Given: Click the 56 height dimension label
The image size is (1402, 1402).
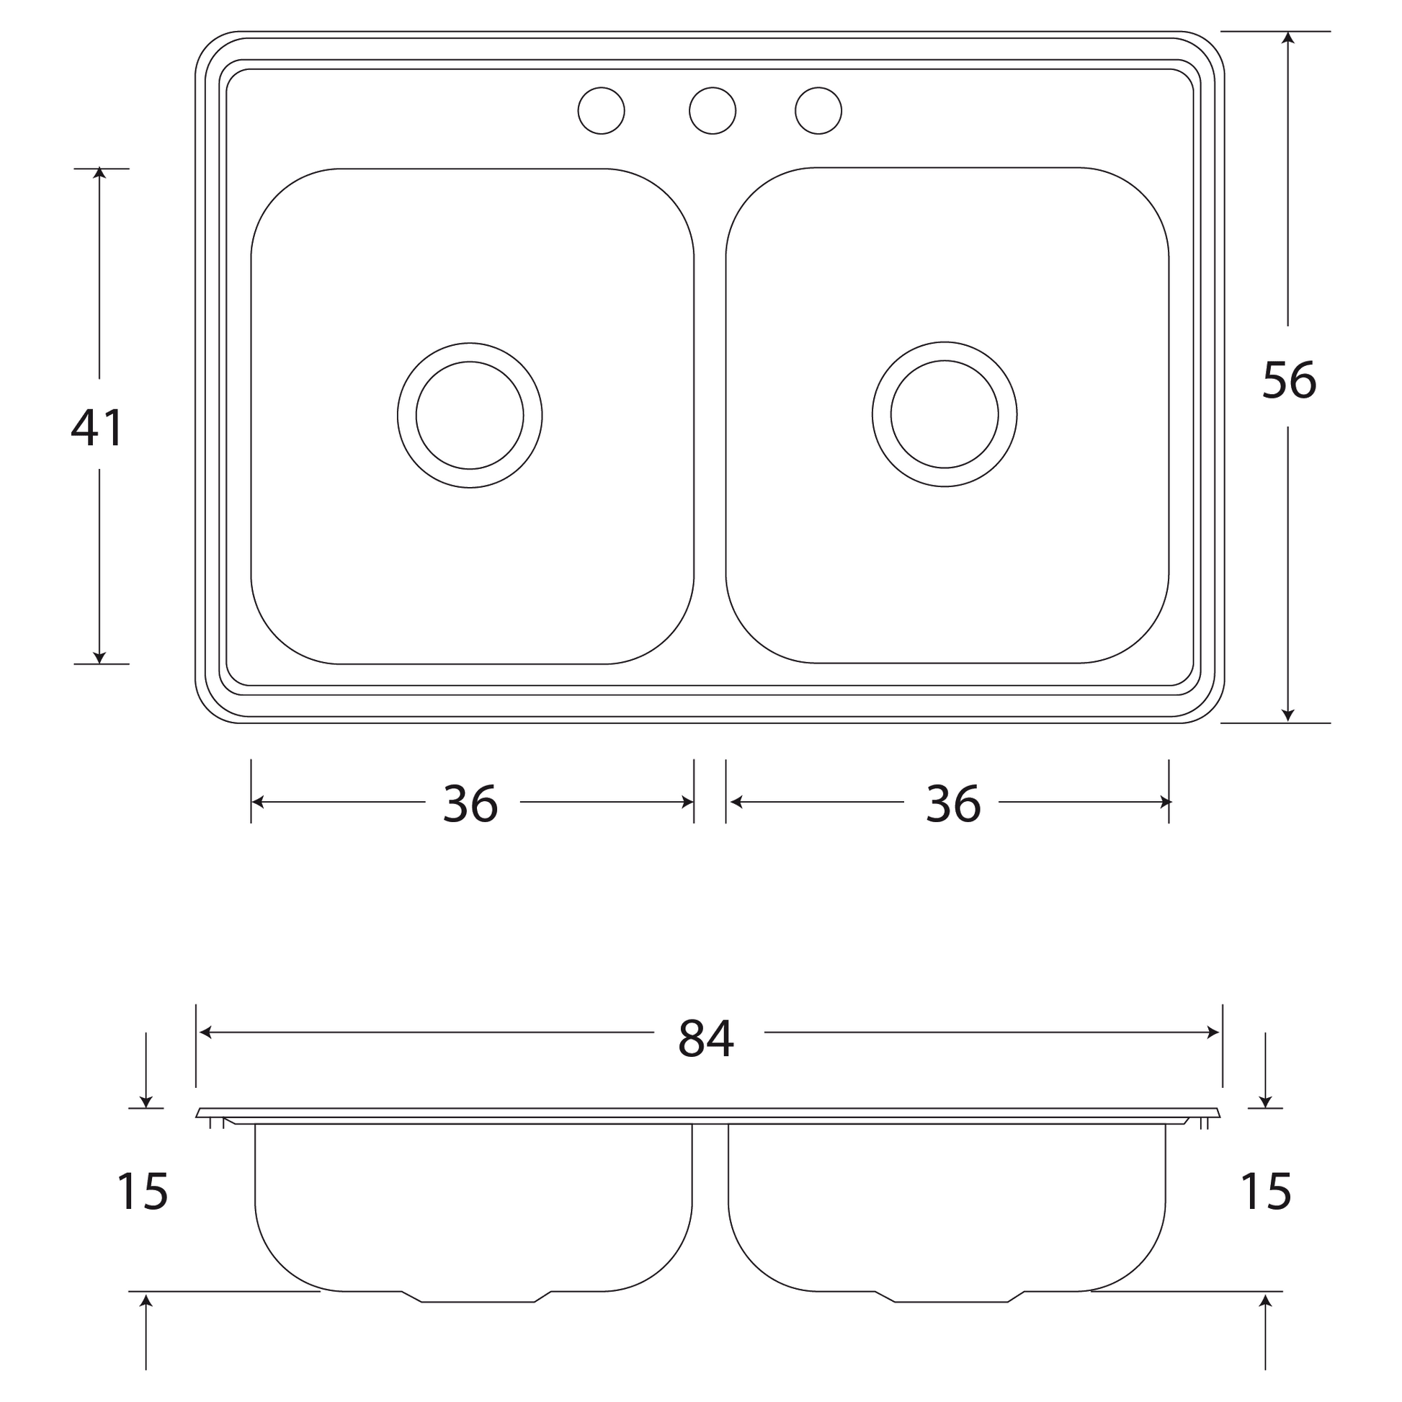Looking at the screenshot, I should click(1289, 380).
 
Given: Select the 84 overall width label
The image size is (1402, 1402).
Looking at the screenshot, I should click(705, 1038).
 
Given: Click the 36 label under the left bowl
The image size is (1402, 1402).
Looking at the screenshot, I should click(470, 804).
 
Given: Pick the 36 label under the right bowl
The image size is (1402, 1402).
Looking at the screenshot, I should click(953, 804).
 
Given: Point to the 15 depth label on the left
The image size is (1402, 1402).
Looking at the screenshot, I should click(142, 1192).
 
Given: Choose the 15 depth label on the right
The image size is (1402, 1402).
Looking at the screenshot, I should click(1266, 1192).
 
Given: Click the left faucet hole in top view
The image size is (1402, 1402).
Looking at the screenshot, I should click(601, 110).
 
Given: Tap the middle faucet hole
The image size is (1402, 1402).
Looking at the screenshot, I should click(712, 110).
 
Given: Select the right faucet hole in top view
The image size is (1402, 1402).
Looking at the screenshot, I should click(818, 110).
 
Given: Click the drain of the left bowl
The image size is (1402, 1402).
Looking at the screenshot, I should click(470, 415).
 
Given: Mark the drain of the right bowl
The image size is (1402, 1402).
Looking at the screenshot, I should click(944, 414).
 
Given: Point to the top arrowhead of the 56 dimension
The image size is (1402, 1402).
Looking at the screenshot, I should click(1288, 37).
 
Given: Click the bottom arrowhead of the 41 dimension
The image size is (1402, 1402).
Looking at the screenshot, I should click(99, 658).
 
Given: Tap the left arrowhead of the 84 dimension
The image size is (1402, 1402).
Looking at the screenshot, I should click(205, 1032).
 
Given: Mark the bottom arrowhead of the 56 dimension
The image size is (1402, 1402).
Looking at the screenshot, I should click(1288, 715).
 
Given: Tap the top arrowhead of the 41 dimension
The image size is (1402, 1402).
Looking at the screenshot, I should click(99, 174).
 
